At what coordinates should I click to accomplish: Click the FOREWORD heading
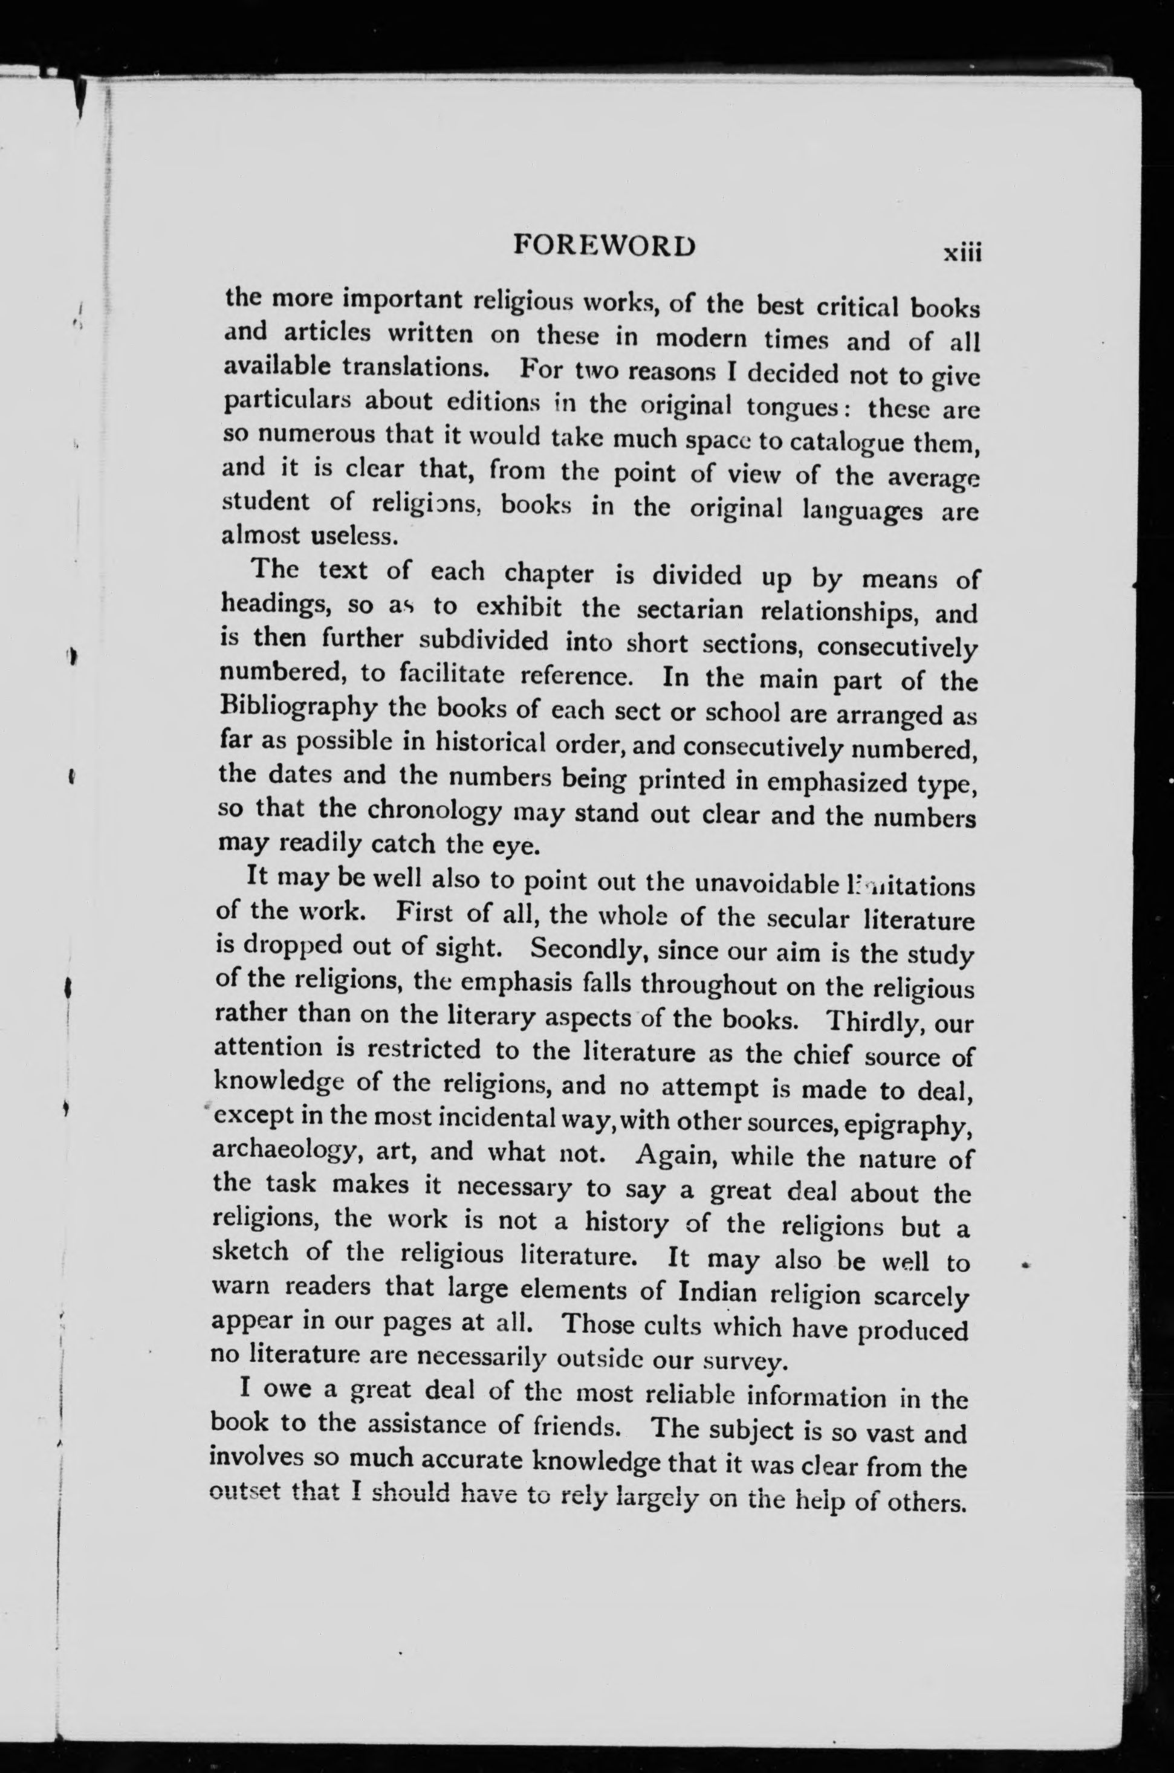click(x=604, y=246)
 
